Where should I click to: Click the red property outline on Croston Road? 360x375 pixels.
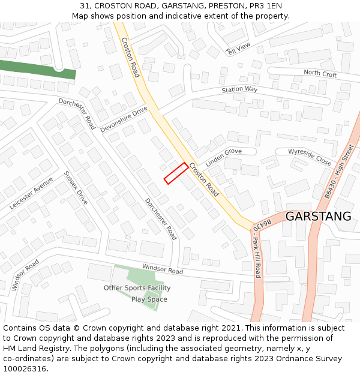pos(176,173)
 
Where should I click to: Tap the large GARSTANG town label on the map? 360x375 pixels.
pos(318,217)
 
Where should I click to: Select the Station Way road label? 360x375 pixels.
pos(239,89)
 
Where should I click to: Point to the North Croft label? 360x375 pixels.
pos(320,74)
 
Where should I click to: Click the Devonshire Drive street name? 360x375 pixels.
pos(124,119)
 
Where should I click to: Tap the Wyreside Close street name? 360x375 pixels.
pos(310,157)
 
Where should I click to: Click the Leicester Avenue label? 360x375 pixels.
pos(31,193)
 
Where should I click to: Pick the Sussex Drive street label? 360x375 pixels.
pos(76,188)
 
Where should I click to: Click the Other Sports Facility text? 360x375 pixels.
pos(137,288)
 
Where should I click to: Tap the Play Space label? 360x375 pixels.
pos(149,299)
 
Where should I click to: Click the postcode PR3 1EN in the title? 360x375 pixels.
pos(264,6)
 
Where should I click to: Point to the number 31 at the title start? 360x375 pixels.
pos(84,6)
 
